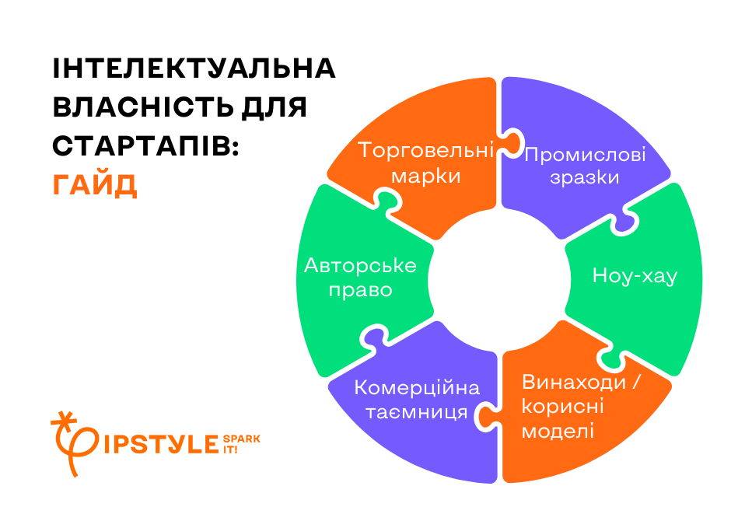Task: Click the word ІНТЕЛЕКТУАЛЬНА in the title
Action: click(x=194, y=68)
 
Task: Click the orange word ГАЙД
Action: click(x=95, y=185)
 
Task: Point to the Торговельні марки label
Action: click(x=425, y=163)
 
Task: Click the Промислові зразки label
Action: click(x=585, y=166)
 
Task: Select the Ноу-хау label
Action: click(x=635, y=276)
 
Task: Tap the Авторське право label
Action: click(x=360, y=278)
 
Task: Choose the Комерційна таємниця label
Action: click(x=417, y=400)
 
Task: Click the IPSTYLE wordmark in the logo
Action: click(x=161, y=444)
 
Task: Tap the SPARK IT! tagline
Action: click(x=242, y=444)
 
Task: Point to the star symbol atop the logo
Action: click(x=65, y=419)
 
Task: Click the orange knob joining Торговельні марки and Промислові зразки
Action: click(x=509, y=142)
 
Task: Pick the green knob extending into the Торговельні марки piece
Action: click(x=388, y=201)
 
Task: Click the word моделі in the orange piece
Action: click(x=558, y=431)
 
